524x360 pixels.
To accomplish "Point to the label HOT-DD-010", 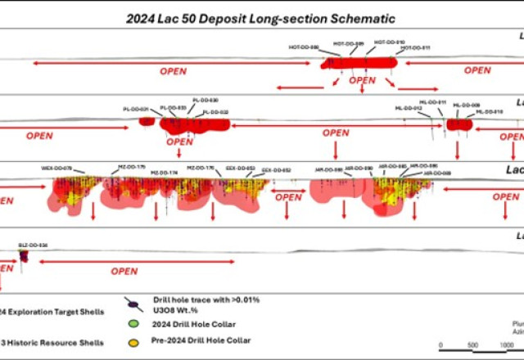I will coord(389,42).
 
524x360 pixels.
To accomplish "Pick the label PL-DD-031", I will coord(136,109).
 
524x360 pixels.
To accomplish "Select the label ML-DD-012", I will coord(408,108).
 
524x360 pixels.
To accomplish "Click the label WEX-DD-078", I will coord(57,167).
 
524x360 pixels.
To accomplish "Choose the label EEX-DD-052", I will coord(276,170).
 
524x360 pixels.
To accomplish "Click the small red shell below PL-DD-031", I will coord(147,122).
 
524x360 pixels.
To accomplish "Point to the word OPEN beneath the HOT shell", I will coord(362,80).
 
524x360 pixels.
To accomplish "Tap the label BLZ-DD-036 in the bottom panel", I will coord(33,244).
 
